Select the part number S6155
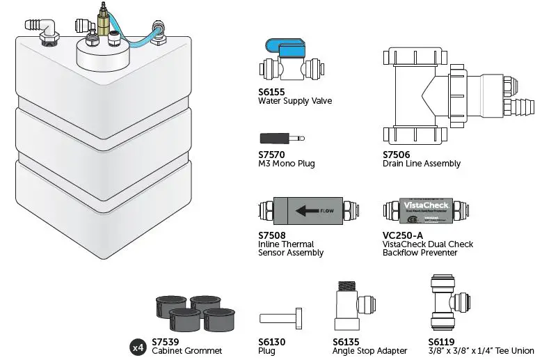click(272, 91)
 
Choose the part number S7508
click(273, 235)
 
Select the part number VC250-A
click(400, 235)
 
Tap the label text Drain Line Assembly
click(421, 164)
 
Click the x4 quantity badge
click(138, 346)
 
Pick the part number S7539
click(166, 341)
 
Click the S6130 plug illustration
click(281, 318)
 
